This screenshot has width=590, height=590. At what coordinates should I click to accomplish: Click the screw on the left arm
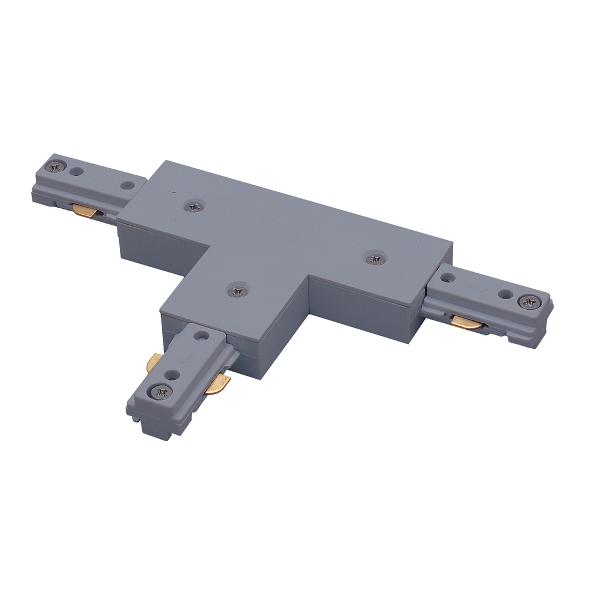pos(57,167)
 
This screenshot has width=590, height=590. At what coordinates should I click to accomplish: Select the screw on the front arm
pos(161,390)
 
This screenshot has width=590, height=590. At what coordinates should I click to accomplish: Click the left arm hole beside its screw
pos(75,172)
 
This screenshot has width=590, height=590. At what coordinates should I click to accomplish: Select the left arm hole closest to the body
pos(125,185)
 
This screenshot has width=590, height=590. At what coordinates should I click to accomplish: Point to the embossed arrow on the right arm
pos(478,287)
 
